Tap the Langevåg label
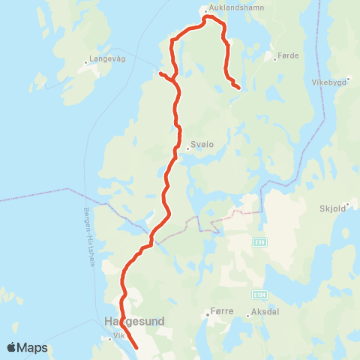(106, 57)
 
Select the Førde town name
(288, 55)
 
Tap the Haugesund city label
(132, 322)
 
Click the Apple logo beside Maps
(12, 347)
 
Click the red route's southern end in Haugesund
(136, 347)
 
